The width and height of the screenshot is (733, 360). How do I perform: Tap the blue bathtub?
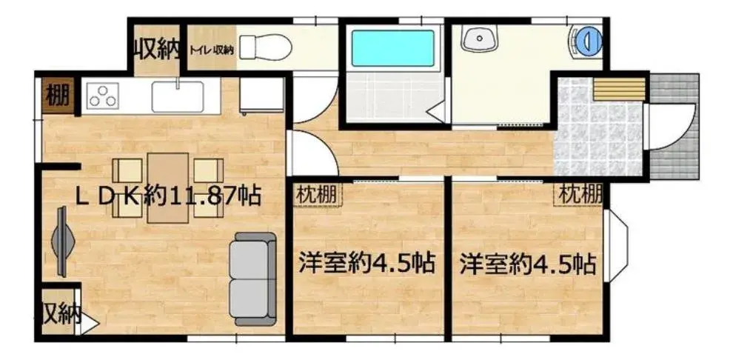pos(392,48)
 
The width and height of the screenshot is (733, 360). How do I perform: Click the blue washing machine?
pos(588,39)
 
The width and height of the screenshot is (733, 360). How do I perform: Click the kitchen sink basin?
pos(178,97)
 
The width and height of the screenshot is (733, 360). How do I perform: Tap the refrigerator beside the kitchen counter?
pos(261,96)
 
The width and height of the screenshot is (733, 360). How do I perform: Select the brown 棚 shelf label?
pos(57,97)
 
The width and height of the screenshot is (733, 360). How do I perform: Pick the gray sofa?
pos(253,279)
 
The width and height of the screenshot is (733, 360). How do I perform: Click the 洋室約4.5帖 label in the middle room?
pos(367,263)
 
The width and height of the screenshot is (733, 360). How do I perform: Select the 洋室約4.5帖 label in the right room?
pos(527,264)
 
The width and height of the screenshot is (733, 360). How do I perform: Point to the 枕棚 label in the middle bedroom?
pos(318,194)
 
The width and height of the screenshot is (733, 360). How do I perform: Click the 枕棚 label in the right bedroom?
pos(579,194)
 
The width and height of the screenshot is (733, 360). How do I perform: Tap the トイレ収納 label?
pos(212,49)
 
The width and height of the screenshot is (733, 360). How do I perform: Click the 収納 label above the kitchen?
pos(158,49)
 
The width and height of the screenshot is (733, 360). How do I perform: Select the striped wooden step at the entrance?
pos(620,90)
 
